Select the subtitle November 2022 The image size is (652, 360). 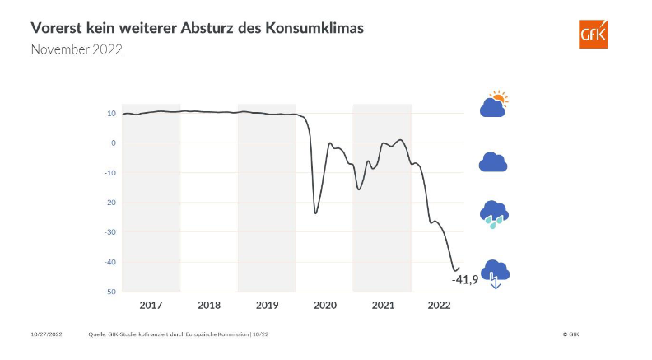point(77,49)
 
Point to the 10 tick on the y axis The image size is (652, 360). point(111,113)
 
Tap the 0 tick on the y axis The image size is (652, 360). point(113,143)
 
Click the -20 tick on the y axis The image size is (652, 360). point(110,203)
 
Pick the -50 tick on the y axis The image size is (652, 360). point(110,292)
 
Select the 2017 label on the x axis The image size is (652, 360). point(151,305)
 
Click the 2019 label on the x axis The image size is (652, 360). point(267,305)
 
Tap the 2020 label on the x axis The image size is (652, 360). point(325,305)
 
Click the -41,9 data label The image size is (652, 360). point(465,280)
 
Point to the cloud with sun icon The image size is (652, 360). point(494,105)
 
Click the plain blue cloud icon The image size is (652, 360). point(493,162)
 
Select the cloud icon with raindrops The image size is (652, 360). point(494,214)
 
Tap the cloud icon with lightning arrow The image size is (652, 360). point(495,273)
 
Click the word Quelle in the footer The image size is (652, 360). point(98,335)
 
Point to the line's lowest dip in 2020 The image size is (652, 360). point(315,213)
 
